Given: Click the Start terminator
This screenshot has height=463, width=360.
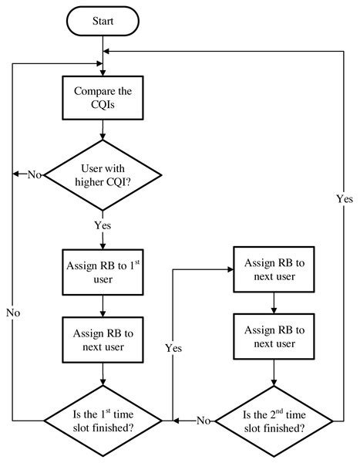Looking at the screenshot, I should (x=103, y=22).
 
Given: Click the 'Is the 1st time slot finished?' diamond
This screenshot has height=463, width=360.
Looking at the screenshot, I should (x=103, y=421).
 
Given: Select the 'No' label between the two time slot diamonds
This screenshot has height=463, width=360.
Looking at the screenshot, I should (x=202, y=421).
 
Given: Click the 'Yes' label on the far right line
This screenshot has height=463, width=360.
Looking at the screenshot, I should (x=341, y=198).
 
